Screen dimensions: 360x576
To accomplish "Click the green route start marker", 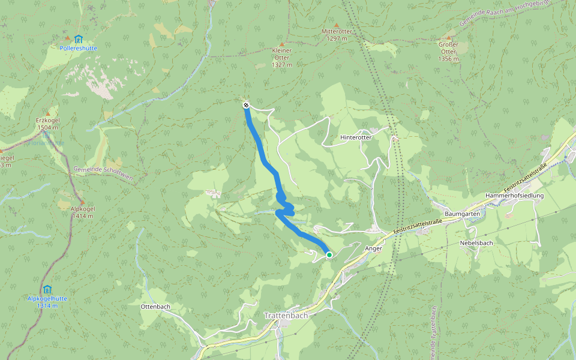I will coord(329,255).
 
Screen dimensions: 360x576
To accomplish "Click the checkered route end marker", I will coord(246,106).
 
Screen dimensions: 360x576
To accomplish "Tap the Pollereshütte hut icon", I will coord(78,39).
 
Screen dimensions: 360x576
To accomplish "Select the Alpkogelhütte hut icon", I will coord(47,289).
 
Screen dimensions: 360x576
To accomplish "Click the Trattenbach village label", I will coord(286,315).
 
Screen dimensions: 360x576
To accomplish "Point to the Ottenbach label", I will coord(155,307).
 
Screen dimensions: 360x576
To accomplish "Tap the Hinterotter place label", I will coord(356,137).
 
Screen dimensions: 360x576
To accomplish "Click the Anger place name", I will coord(373,248).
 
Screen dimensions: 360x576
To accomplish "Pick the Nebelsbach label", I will coord(476,243).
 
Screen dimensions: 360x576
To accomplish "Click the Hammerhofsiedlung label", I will coord(514,196).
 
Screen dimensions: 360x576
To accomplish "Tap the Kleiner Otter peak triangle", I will coord(281,41).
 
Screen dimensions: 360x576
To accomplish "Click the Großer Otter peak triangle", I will coord(448,36).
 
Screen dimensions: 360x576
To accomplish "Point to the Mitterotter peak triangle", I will coord(336,25).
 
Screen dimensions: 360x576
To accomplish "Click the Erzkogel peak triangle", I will coord(47,113).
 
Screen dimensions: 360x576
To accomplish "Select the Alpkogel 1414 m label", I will coord(83,212).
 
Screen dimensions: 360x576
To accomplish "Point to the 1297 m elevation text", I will coord(336,38).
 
